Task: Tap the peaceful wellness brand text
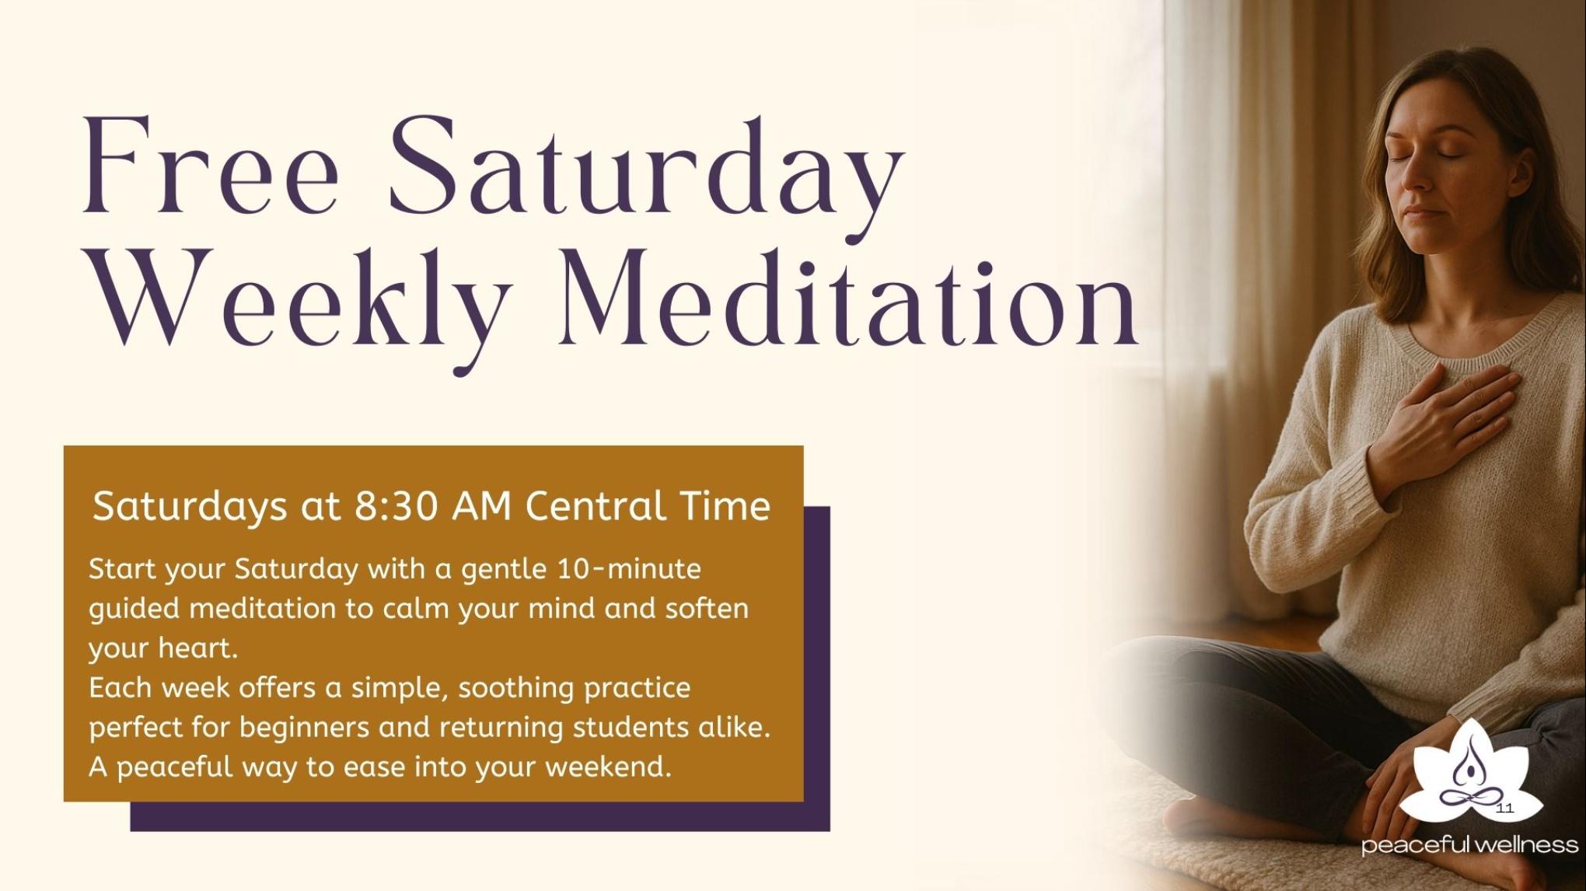click(1469, 846)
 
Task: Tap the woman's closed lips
click(1429, 215)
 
